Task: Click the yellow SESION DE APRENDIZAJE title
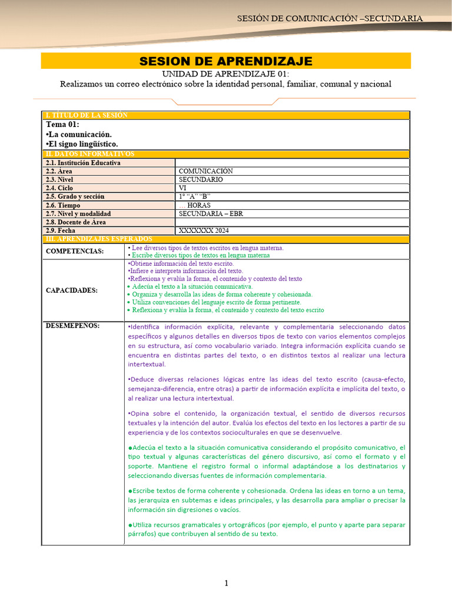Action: pyautogui.click(x=225, y=61)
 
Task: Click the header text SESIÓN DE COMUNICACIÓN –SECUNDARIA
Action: pyautogui.click(x=330, y=18)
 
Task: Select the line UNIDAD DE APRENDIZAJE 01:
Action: pyautogui.click(x=225, y=73)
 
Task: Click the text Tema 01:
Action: pyautogui.click(x=62, y=125)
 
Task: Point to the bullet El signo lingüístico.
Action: pyautogui.click(x=82, y=144)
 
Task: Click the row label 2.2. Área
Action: pyautogui.click(x=59, y=171)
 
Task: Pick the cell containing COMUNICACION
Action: pyautogui.click(x=206, y=171)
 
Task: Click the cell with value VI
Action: pyautogui.click(x=182, y=188)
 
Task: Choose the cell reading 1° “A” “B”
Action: pyautogui.click(x=195, y=196)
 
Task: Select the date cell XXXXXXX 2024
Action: pyautogui.click(x=204, y=230)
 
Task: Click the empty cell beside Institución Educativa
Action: pyautogui.click(x=292, y=162)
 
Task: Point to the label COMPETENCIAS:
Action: pyautogui.click(x=75, y=252)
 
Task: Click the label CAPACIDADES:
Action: pyautogui.click(x=72, y=290)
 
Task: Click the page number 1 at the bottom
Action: pyautogui.click(x=225, y=583)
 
